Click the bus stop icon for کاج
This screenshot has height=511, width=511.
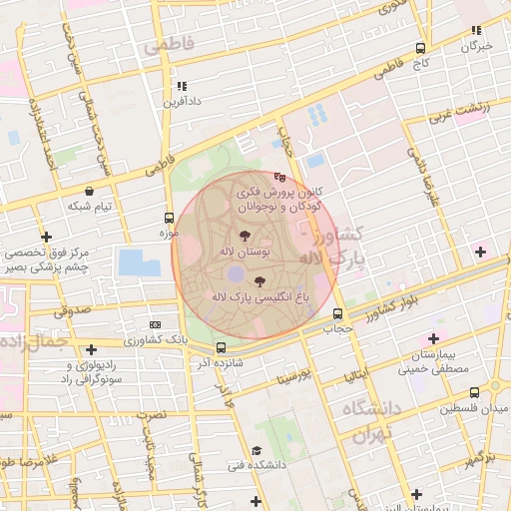420,48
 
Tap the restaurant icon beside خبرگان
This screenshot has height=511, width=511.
476,31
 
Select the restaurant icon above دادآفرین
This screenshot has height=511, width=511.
182,86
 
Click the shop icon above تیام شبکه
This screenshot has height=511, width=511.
91,191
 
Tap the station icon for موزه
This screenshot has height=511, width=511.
168,218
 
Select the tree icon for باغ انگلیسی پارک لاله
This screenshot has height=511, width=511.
261,281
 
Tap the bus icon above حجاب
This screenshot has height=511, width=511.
337,313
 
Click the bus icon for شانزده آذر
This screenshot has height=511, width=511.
221,347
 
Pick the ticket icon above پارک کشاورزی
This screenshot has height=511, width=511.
155,324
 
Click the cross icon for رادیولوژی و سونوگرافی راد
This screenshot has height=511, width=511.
91,349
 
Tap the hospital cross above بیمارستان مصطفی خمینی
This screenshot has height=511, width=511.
432,339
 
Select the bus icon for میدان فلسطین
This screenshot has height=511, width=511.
473,392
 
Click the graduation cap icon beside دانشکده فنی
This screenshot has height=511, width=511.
256,450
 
